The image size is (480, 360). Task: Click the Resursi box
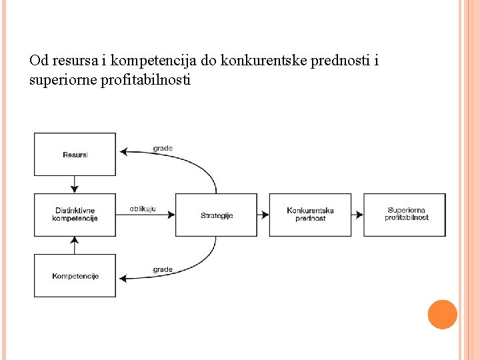[x=75, y=154]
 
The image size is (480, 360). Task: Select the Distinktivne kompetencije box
[x=75, y=215]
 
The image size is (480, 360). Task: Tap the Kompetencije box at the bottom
[x=75, y=275]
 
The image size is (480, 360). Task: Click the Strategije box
[x=216, y=215]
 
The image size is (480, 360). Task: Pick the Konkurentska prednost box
[x=310, y=215]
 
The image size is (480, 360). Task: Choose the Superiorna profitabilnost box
[x=405, y=215]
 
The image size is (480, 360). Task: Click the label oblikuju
[x=143, y=209]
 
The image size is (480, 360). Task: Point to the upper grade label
[x=163, y=148]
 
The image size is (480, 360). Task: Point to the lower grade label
[x=163, y=269]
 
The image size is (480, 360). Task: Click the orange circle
[x=443, y=315]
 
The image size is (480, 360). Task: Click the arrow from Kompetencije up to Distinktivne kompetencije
[x=75, y=245]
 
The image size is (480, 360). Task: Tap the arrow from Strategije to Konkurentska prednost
[x=263, y=215]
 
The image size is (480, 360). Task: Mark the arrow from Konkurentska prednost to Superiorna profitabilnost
[x=357, y=215]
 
